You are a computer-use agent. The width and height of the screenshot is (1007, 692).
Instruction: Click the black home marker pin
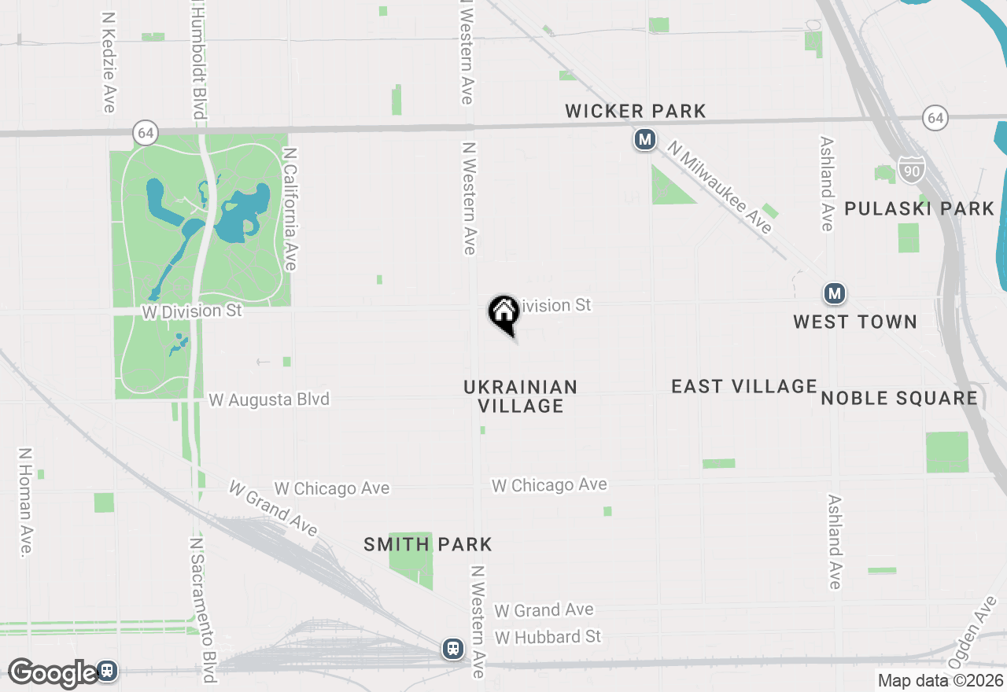[503, 314]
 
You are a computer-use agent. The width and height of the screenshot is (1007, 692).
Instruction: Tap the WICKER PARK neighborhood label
[636, 112]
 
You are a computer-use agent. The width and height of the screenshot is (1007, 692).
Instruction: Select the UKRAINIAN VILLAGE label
[521, 396]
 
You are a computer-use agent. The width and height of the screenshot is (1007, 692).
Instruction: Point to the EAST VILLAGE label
[744, 386]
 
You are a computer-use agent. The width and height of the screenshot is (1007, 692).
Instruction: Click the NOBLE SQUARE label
[899, 398]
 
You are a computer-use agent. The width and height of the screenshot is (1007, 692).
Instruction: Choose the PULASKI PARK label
[920, 208]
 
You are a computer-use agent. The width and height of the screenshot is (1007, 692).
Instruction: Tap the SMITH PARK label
[428, 544]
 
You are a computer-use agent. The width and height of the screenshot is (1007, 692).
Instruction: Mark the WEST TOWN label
[855, 322]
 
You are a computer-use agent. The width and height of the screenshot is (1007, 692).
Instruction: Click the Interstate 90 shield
[912, 169]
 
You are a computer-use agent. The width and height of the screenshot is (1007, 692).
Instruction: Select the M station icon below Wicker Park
[644, 140]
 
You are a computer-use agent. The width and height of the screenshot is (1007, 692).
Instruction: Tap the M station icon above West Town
[835, 294]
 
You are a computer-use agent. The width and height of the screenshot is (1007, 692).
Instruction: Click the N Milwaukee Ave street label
[720, 187]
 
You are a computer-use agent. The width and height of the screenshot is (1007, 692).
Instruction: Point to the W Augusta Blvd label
[269, 399]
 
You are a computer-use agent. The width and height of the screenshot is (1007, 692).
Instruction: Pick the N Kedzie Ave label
[109, 61]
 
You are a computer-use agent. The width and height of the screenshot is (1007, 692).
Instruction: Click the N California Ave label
[290, 209]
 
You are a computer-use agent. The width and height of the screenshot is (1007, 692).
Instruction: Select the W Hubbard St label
[548, 636]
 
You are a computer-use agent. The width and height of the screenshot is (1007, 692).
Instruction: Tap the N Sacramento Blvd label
[203, 610]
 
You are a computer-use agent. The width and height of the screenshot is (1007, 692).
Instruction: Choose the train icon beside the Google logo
[108, 671]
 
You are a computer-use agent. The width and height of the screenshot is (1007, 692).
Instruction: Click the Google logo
[52, 673]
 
